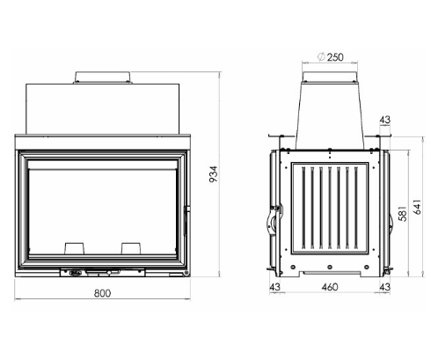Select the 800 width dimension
click(x=102, y=293)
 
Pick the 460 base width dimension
click(x=329, y=287)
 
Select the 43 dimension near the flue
click(x=385, y=120)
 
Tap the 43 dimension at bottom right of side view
click(x=384, y=287)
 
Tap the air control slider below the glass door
click(x=88, y=271)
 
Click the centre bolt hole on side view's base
click(x=329, y=267)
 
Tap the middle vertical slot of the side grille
click(x=329, y=209)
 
